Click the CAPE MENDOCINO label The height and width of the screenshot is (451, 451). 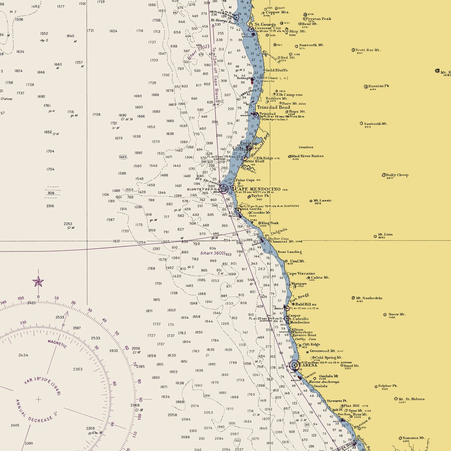(x=258, y=189)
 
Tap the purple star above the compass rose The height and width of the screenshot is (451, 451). (x=38, y=281)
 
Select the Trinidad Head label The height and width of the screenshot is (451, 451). (x=273, y=107)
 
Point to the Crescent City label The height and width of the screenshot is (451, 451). (x=268, y=28)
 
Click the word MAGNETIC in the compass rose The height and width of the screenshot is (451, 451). (x=57, y=343)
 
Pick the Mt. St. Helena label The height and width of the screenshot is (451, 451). (x=412, y=399)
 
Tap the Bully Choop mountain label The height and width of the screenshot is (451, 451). (x=397, y=175)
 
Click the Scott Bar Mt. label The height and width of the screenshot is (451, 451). (x=368, y=50)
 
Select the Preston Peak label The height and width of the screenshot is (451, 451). (x=318, y=19)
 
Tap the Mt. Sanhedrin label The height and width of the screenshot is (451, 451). (x=369, y=298)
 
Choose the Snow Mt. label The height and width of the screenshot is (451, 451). (x=397, y=314)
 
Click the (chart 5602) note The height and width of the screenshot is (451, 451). (x=213, y=253)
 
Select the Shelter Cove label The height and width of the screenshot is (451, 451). (x=278, y=239)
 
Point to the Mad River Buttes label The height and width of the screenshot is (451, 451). (x=307, y=156)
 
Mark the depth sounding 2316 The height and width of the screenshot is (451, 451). (x=50, y=206)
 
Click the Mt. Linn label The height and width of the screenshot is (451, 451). (x=385, y=235)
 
